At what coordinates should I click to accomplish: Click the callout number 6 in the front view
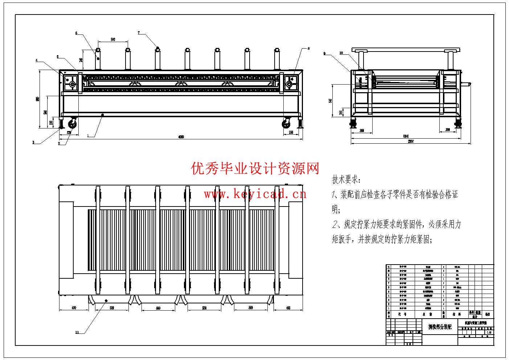[x=77, y=33]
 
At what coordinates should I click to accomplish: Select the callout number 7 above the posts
[x=139, y=33]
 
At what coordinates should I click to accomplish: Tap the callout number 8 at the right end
[x=309, y=48]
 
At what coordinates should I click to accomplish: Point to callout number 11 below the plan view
[x=77, y=332]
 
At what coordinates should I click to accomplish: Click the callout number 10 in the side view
[x=341, y=53]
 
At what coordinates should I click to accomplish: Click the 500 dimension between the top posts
[x=113, y=40]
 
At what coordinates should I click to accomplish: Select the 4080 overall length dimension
[x=181, y=137]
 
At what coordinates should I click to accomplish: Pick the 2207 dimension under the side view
[x=411, y=142]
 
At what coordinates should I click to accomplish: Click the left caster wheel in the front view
[x=73, y=124]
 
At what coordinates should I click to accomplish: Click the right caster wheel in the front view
[x=287, y=124]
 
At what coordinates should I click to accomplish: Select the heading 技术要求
[x=346, y=179]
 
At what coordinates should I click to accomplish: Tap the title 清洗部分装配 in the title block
[x=440, y=327]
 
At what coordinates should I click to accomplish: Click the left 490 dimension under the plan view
[x=74, y=308]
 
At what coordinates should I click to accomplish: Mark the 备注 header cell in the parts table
[x=487, y=314]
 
